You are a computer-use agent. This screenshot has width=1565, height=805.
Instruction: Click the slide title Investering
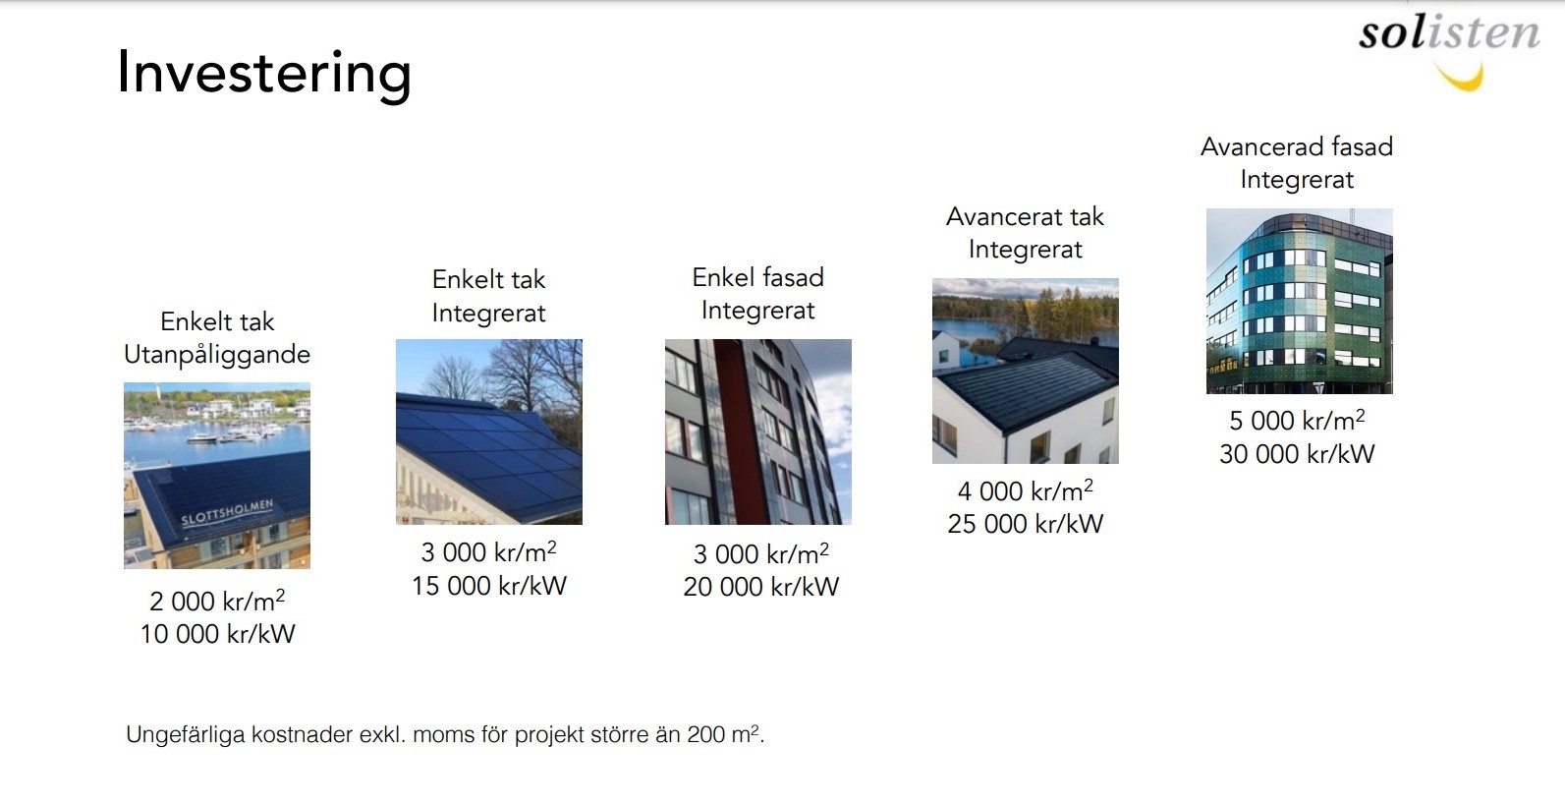264,74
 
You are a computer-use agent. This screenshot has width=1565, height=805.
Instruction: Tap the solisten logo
1450,49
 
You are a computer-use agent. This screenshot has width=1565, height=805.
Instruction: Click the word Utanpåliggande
217,354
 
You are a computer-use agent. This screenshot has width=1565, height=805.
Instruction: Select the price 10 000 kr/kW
218,634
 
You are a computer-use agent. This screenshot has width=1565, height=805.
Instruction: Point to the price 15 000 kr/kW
489,586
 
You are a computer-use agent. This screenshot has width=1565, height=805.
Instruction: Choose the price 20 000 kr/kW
760,586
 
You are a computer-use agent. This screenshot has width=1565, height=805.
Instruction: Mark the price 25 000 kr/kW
1025,523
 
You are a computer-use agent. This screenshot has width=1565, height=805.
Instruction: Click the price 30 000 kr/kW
1298,453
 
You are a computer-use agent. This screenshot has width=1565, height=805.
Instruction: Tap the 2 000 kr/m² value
217,601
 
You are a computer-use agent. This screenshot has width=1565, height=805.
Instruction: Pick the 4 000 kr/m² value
1025,490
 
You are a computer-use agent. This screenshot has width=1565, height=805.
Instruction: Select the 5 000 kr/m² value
1298,420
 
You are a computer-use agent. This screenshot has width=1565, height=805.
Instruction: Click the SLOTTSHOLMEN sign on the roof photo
227,514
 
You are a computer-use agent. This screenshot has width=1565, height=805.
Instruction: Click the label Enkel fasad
758,277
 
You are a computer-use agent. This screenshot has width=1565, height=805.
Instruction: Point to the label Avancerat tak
1025,216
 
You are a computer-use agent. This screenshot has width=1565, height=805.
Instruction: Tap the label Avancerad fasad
1297,146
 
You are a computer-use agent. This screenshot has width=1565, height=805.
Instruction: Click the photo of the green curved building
1300,301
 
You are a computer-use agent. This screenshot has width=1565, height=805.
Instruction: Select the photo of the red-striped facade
758,431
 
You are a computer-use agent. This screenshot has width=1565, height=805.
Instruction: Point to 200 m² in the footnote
725,734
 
